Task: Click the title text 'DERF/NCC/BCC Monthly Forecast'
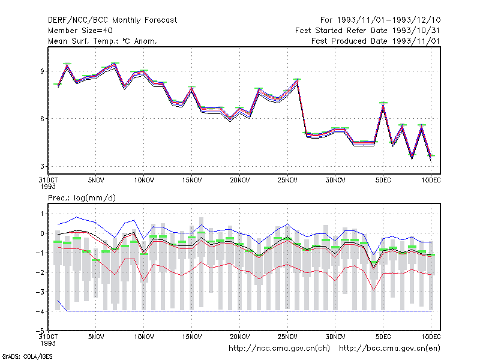click(x=112, y=20)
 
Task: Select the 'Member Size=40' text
click(x=80, y=31)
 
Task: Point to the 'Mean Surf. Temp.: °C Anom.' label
click(x=103, y=41)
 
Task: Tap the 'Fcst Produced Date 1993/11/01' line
click(x=376, y=41)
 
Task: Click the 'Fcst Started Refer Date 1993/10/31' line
click(x=368, y=31)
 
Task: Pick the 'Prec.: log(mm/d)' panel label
click(x=82, y=198)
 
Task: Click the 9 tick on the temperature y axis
click(x=42, y=71)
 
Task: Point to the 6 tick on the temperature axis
click(x=42, y=119)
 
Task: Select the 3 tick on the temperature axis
click(x=42, y=166)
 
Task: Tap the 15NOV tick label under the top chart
click(x=192, y=180)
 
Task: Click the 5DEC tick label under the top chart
click(x=383, y=180)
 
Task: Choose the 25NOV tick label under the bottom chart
click(x=287, y=337)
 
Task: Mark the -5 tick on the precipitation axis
click(x=40, y=331)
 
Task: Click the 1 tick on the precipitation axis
click(x=42, y=214)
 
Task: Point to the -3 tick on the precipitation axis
click(x=40, y=292)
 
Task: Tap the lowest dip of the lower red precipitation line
click(x=373, y=290)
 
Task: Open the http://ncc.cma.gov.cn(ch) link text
click(x=279, y=349)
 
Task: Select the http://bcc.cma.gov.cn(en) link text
click(x=389, y=349)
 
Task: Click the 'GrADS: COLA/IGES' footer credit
click(x=27, y=356)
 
